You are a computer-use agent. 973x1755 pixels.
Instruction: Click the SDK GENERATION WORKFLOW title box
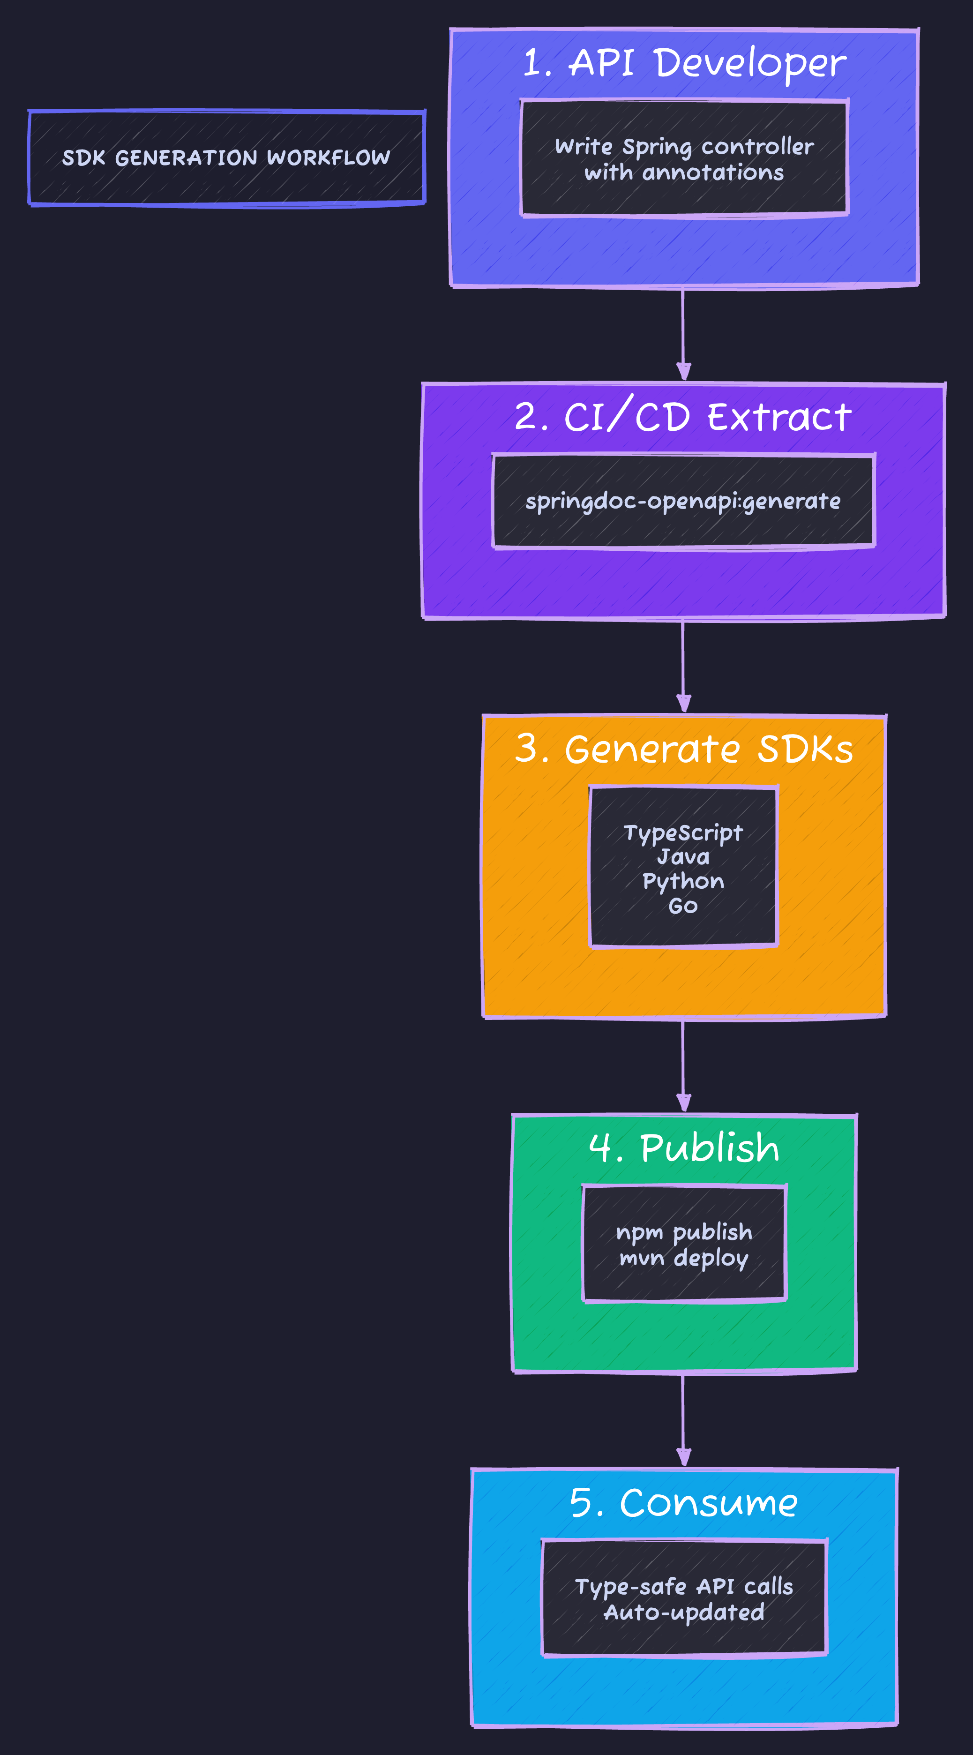226,158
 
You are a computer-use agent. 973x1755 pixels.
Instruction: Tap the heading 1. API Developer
684,63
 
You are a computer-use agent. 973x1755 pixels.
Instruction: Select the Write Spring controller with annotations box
684,159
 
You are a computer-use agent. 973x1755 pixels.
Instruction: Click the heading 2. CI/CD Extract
683,417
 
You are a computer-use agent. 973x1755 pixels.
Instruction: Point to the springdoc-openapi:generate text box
683,502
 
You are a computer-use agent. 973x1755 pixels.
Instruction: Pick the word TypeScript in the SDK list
683,832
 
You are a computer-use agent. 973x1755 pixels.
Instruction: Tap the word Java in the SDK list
683,857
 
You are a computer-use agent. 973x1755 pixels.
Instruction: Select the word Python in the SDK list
683,882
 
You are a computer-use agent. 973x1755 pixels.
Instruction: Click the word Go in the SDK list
683,906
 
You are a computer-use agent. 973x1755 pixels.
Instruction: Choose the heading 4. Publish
684,1148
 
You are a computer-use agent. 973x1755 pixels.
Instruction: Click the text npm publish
684,1232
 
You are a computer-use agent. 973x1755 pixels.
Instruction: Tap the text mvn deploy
684,1258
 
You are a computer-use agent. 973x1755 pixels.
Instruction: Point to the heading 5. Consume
683,1503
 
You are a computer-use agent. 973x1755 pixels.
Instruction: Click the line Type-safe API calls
684,1586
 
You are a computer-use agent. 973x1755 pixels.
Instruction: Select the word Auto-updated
684,1612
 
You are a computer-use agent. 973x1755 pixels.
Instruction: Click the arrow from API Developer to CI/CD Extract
683,334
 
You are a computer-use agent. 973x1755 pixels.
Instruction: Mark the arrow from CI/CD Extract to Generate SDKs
683,666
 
